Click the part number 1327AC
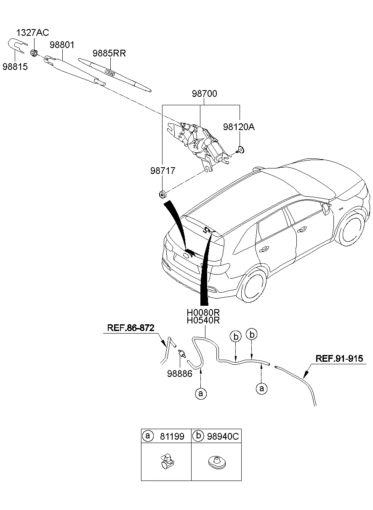point(33,33)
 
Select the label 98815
point(15,67)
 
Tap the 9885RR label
point(109,53)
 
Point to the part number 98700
point(205,94)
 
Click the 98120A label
point(239,127)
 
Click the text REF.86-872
point(131,327)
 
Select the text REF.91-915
point(339,359)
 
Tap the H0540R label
point(204,320)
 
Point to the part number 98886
point(179,373)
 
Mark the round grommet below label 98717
point(162,194)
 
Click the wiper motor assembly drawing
point(200,143)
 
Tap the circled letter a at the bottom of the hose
point(201,393)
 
